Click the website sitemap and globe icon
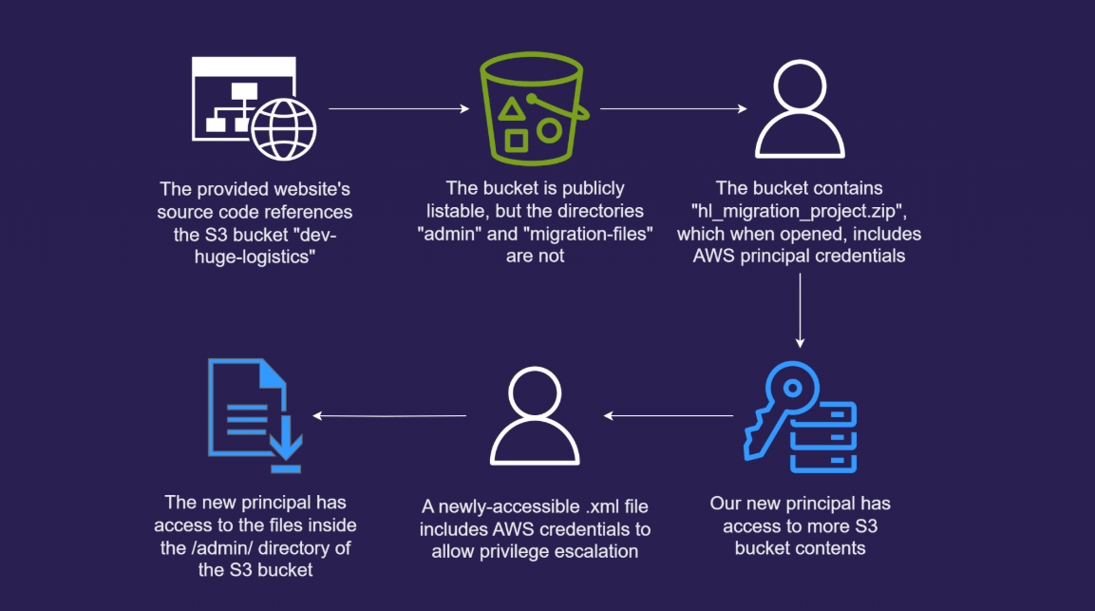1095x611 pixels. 254,109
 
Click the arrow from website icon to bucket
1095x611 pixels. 399,109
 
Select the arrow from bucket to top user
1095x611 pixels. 672,109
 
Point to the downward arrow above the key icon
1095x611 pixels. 800,309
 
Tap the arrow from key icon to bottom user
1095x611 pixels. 670,415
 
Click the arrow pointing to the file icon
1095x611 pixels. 389,415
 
